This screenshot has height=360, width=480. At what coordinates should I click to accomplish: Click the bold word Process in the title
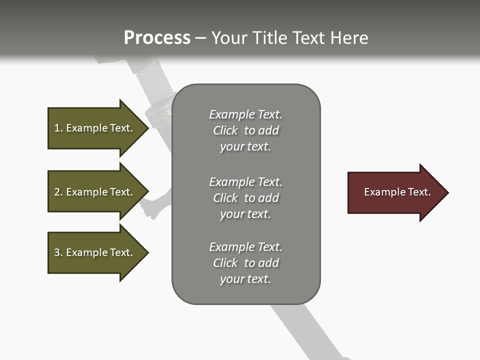(x=157, y=38)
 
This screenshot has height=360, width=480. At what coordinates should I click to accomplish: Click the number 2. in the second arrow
(x=58, y=192)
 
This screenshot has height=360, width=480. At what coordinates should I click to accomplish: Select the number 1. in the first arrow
(x=58, y=128)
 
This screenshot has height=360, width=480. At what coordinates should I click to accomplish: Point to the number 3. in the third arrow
(x=58, y=252)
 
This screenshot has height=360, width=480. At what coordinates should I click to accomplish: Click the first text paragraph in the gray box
(x=245, y=130)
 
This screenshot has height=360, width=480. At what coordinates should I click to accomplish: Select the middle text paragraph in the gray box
(x=245, y=198)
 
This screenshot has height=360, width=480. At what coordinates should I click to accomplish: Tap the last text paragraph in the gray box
(x=245, y=263)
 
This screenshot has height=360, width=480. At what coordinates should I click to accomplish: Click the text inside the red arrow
(x=397, y=192)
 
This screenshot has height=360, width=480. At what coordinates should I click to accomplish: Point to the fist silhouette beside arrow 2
(x=151, y=207)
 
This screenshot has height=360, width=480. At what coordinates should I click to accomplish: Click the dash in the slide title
(x=200, y=38)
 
